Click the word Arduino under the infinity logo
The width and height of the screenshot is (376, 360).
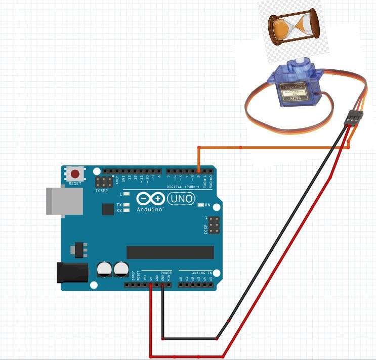click(150, 209)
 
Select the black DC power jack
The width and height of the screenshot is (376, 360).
click(70, 273)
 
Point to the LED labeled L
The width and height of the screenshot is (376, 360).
click(127, 194)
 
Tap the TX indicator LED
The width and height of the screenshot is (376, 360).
click(127, 205)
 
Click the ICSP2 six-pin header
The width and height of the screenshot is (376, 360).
click(104, 182)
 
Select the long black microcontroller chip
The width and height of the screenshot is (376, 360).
click(170, 252)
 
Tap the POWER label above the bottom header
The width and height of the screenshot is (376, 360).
click(166, 273)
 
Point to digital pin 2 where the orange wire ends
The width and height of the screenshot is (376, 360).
click(198, 170)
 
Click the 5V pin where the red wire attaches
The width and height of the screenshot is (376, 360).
click(151, 285)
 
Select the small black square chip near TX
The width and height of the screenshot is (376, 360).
click(108, 209)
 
